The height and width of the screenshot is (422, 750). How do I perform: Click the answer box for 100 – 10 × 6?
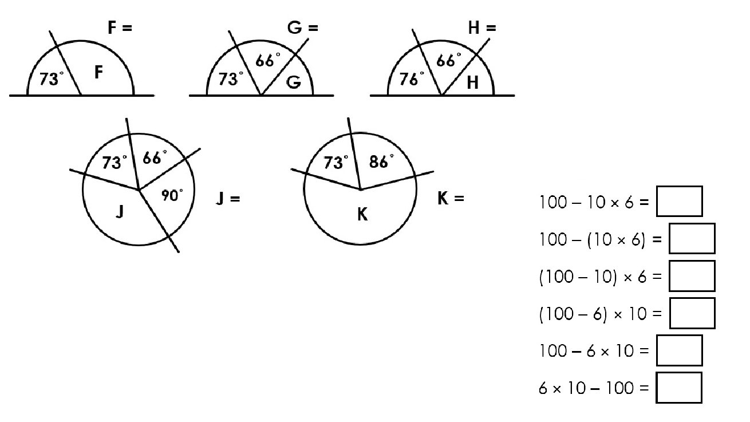(x=679, y=201)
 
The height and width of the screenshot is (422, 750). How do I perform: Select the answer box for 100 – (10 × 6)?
(x=692, y=238)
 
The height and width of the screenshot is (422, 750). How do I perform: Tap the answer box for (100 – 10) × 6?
(x=692, y=276)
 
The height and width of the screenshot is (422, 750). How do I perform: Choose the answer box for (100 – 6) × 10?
(x=692, y=313)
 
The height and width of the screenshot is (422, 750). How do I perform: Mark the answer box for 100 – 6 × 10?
(x=679, y=350)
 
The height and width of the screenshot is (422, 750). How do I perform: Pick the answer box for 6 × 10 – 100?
(x=679, y=388)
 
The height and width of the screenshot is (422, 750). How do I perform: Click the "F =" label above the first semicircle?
(x=120, y=27)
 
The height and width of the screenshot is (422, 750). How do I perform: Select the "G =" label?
(x=302, y=27)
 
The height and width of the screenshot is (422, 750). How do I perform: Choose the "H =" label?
(x=481, y=27)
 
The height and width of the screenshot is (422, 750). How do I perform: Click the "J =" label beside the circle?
(x=228, y=199)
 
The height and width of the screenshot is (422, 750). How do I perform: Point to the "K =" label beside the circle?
(x=450, y=199)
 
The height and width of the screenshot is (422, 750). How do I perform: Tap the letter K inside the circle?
(x=362, y=215)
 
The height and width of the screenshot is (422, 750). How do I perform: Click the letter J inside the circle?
(x=119, y=212)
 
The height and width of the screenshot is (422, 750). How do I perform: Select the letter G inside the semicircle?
(x=293, y=82)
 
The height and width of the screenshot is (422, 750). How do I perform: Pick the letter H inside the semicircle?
(x=472, y=82)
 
